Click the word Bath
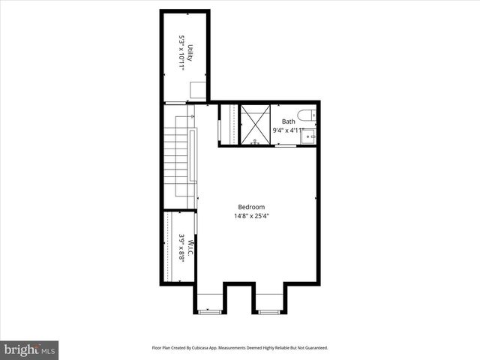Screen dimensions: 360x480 pyautogui.click(x=289, y=121)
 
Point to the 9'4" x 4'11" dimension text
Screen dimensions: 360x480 pyautogui.click(x=289, y=130)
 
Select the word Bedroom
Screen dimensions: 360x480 pyautogui.click(x=251, y=207)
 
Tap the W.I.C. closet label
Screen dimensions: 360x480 pyautogui.click(x=190, y=247)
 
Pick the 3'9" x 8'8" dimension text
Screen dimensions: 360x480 pyautogui.click(x=181, y=247)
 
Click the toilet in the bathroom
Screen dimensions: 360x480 pyautogui.click(x=307, y=115)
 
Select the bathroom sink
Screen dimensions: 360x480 pyautogui.click(x=308, y=136)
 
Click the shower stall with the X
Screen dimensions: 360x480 pyautogui.click(x=255, y=124)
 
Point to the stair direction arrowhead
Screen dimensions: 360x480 pyautogui.click(x=193, y=117)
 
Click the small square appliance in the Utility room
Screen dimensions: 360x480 pyautogui.click(x=196, y=91)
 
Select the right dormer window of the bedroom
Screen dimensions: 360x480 pyautogui.click(x=268, y=310)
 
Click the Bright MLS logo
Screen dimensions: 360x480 pyautogui.click(x=30, y=349)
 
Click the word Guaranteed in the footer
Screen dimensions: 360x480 pyautogui.click(x=313, y=348)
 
